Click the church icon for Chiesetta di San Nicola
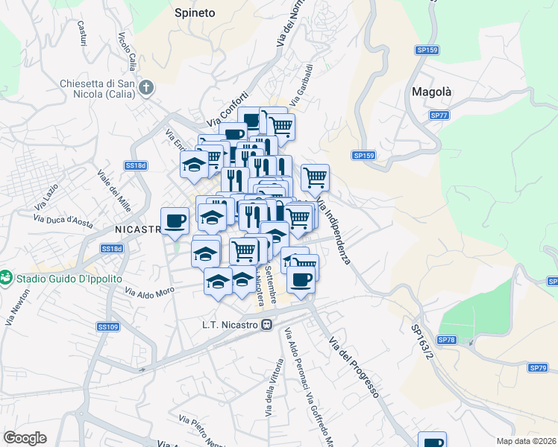[x=146, y=88]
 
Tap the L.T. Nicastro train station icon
[x=265, y=325]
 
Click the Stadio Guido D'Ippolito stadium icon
[x=7, y=277]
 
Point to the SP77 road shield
[x=439, y=115]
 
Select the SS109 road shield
[x=108, y=326]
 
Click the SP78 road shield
[x=446, y=340]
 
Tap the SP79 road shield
[x=538, y=368]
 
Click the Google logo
[x=25, y=437]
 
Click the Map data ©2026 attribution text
[x=527, y=441]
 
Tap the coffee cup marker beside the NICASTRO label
[x=175, y=221]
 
